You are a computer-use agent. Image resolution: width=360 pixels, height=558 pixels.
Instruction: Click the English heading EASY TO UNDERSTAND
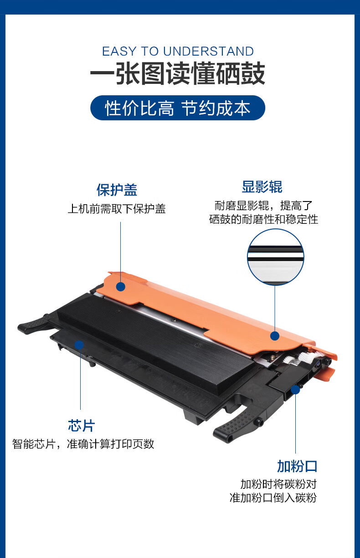pyautogui.click(x=178, y=52)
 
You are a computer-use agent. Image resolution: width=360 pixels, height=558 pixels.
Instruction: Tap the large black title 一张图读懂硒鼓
pyautogui.click(x=178, y=73)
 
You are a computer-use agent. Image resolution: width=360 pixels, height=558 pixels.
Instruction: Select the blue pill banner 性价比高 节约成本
pyautogui.click(x=178, y=108)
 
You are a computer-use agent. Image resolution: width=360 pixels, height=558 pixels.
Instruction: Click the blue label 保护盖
pyautogui.click(x=117, y=190)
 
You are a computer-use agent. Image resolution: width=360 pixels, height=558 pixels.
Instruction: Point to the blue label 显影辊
pyautogui.click(x=262, y=187)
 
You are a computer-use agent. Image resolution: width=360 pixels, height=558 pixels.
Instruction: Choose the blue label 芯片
pyautogui.click(x=82, y=425)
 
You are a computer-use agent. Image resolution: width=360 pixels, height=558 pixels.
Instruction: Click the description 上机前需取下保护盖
pyautogui.click(x=117, y=209)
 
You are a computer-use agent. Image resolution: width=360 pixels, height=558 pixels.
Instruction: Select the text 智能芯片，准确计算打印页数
pyautogui.click(x=83, y=444)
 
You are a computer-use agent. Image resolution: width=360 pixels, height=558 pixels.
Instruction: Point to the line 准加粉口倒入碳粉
pyautogui.click(x=273, y=498)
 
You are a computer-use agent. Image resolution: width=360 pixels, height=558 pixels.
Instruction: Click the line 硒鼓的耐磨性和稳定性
pyautogui.click(x=264, y=219)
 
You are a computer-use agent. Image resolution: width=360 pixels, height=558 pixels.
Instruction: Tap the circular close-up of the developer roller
pyautogui.click(x=275, y=257)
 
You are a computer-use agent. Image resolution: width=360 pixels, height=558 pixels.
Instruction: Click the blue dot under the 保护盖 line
pyautogui.click(x=121, y=287)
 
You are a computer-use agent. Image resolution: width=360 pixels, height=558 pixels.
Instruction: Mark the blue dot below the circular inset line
pyautogui.click(x=275, y=336)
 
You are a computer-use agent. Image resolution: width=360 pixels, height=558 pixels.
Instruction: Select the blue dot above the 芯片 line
pyautogui.click(x=79, y=345)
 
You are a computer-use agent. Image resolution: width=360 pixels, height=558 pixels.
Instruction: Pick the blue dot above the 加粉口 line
pyautogui.click(x=295, y=390)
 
